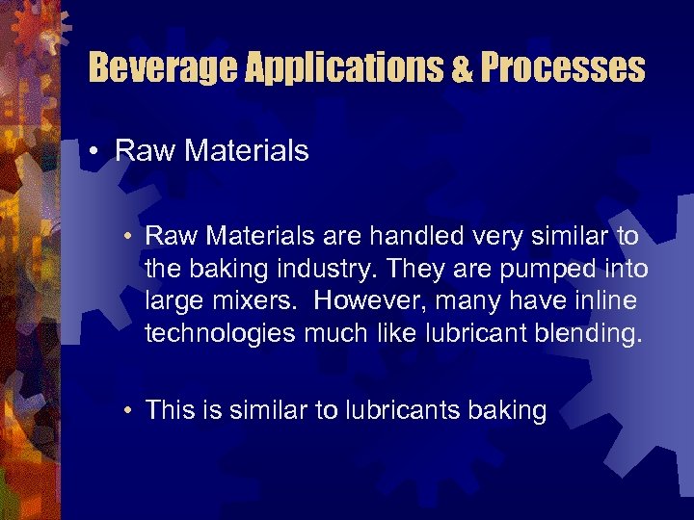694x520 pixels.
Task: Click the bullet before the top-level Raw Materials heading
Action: [x=97, y=151]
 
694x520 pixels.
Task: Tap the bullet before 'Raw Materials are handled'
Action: [x=128, y=236]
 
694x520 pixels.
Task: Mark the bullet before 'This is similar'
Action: [x=128, y=411]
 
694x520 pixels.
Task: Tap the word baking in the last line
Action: [x=507, y=411]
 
